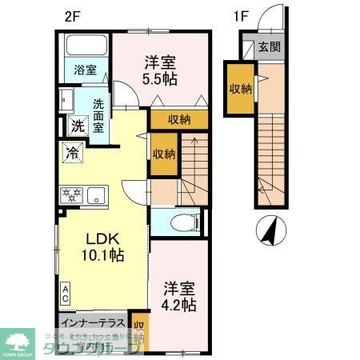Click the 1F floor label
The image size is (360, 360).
(241, 14)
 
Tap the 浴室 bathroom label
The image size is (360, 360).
(86, 70)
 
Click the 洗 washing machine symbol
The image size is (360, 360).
(78, 125)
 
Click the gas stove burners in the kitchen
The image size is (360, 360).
(70, 194)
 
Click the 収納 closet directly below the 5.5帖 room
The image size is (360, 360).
(179, 121)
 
